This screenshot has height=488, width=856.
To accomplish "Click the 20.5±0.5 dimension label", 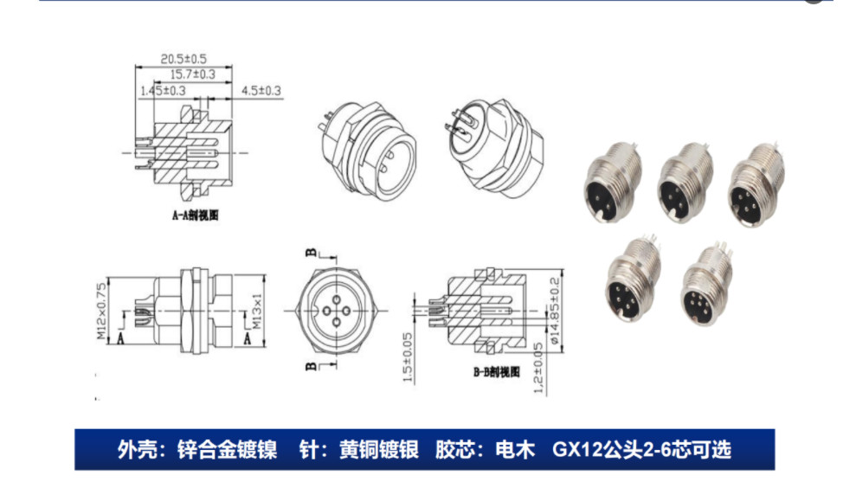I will pyautogui.click(x=183, y=59).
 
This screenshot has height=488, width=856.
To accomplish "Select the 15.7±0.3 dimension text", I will pyautogui.click(x=192, y=74).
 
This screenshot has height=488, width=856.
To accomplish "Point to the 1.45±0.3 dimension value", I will pyautogui.click(x=162, y=90).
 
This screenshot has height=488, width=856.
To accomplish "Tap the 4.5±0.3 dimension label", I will pyautogui.click(x=261, y=90).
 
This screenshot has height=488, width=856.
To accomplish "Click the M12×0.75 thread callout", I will pyautogui.click(x=100, y=309).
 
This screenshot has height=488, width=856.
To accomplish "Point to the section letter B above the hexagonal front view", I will pyautogui.click(x=309, y=253).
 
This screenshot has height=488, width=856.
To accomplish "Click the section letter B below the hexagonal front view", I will pyautogui.click(x=309, y=367).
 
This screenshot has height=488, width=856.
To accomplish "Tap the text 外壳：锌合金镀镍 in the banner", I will pyautogui.click(x=196, y=450).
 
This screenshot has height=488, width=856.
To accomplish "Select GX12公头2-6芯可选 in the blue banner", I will pyautogui.click(x=641, y=450).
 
